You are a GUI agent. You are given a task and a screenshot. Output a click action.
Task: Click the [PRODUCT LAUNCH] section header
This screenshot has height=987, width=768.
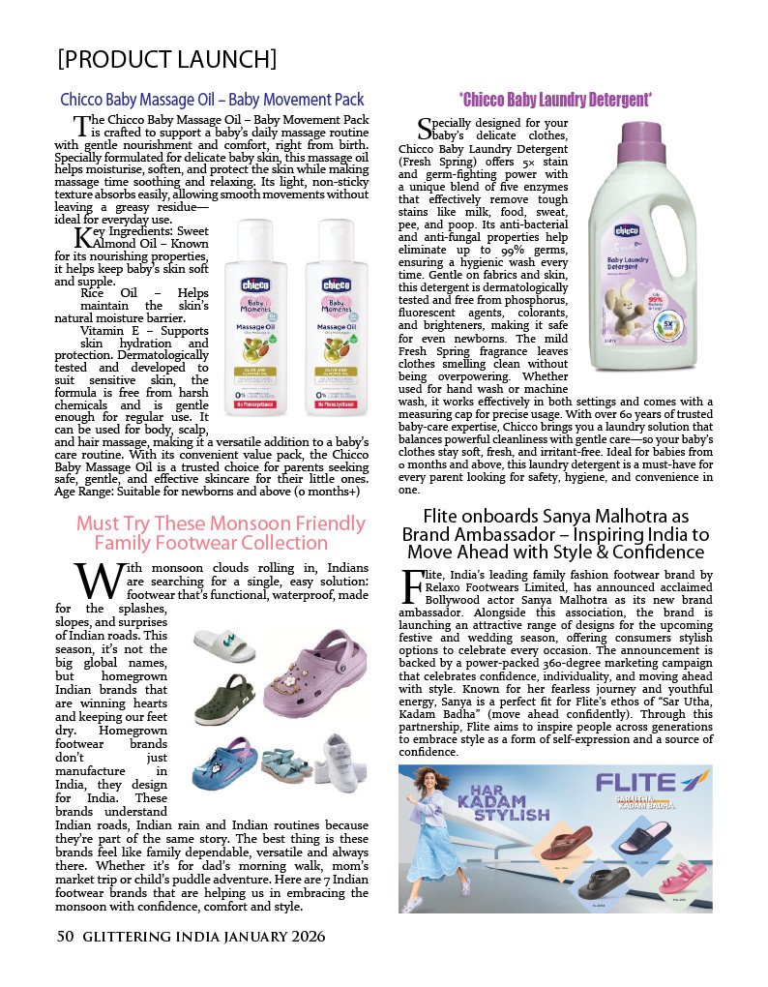click(x=167, y=59)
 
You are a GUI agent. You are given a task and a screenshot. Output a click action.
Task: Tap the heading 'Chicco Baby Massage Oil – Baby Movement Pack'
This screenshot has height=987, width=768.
click(x=212, y=100)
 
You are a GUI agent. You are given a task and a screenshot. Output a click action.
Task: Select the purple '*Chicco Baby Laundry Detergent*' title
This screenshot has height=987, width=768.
click(x=555, y=100)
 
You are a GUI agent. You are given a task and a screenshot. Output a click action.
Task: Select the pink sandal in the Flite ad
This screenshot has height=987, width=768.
click(x=679, y=879)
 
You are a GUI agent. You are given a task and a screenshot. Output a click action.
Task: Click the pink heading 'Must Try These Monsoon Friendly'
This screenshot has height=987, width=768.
click(x=221, y=523)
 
